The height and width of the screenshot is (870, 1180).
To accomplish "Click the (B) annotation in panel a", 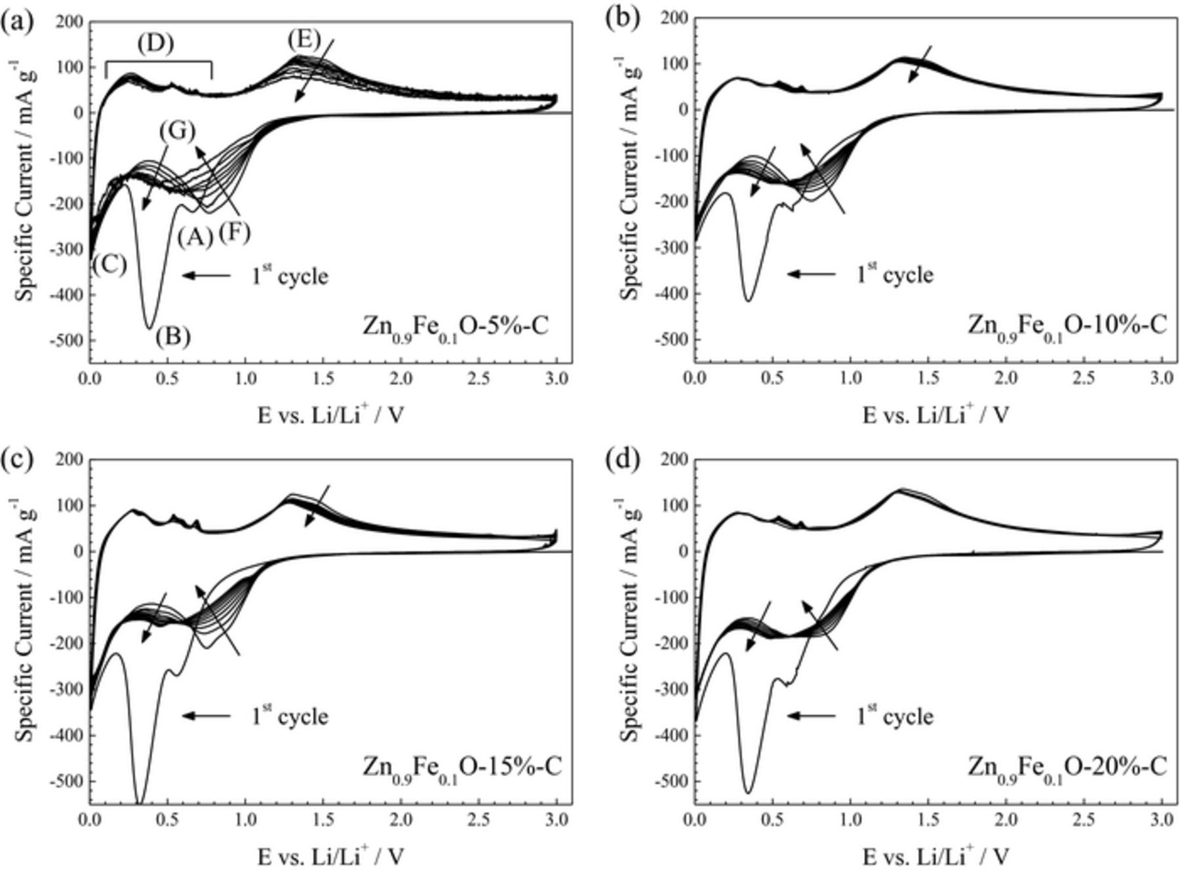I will [x=173, y=337].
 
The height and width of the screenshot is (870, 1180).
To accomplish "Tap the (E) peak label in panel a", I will [x=304, y=40].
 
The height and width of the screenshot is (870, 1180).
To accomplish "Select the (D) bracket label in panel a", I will [x=155, y=43].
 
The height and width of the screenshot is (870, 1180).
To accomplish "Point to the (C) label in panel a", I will [x=109, y=264].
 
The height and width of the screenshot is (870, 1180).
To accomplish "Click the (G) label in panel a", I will [x=177, y=132].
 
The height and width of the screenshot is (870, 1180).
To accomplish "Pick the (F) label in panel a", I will [x=234, y=232].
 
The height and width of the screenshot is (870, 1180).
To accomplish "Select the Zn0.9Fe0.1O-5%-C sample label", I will [x=456, y=326].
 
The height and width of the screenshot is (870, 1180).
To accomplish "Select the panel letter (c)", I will [x=16, y=459].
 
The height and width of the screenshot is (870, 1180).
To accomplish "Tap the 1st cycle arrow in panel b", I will [x=812, y=274].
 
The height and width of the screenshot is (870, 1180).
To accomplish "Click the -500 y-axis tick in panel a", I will [x=69, y=340].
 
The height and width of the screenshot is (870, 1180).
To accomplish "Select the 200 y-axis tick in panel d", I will [x=675, y=460].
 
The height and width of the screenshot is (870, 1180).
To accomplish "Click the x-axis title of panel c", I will [x=330, y=855].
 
